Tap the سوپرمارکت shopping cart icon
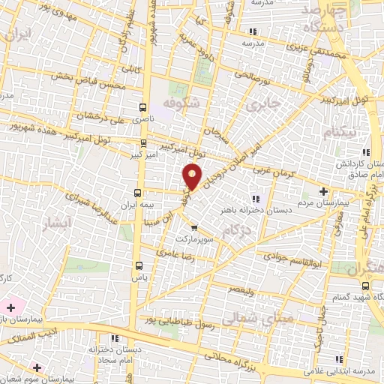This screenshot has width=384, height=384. pos(194,228)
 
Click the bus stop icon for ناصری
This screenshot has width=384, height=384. pos(142,108)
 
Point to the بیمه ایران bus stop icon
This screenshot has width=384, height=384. pos(136,192)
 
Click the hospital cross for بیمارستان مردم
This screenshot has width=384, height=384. pos(323,191)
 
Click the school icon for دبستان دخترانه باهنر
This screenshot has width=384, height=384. pos(254,199)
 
